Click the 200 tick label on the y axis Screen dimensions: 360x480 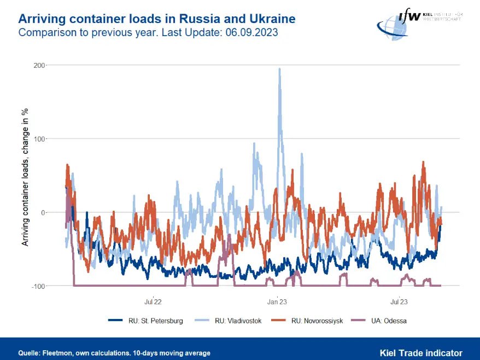[39, 65]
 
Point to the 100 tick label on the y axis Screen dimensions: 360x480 [39, 139]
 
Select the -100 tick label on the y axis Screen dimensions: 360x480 [38, 286]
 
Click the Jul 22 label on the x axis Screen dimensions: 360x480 [153, 301]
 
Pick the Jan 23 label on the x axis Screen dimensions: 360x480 [277, 301]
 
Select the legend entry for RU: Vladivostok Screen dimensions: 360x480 [238, 321]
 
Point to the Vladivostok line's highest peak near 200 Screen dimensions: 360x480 [280, 69]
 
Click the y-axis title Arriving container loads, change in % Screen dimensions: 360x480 [25, 176]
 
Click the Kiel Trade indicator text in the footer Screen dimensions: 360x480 [421, 353]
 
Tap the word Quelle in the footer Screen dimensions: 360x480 [29, 353]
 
